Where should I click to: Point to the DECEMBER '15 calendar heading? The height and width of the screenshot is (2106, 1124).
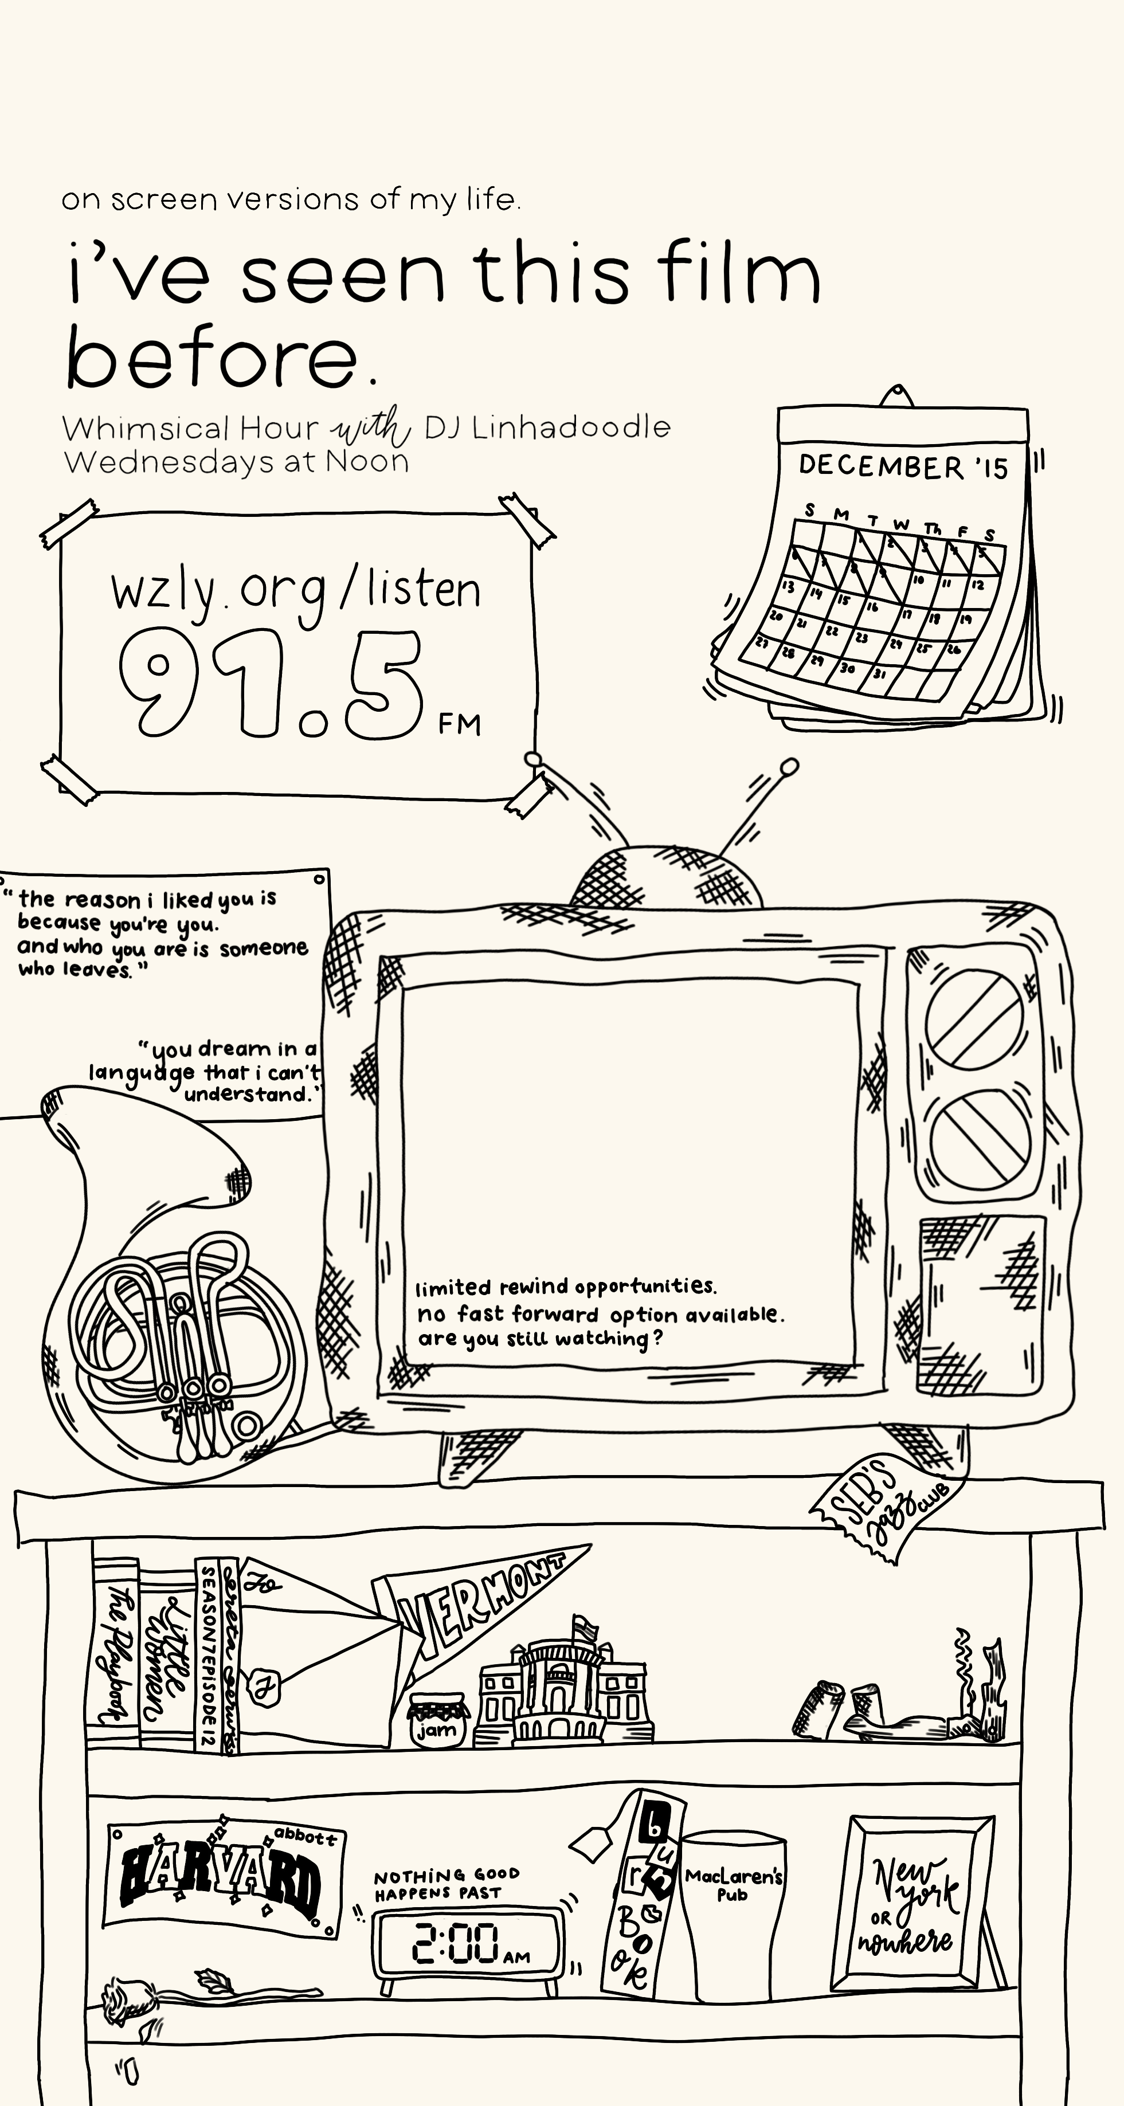tap(903, 466)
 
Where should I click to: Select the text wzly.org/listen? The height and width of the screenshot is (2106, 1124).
tap(296, 590)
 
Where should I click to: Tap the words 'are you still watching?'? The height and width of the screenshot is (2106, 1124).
tap(539, 1339)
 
